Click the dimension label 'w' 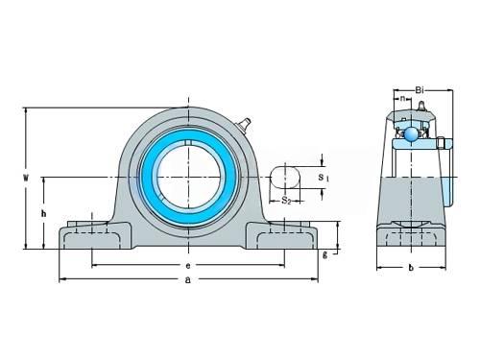[26, 177]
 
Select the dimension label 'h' [43, 213]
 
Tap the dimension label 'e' [188, 266]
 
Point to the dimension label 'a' [188, 280]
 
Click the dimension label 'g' [324, 254]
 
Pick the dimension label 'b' [411, 268]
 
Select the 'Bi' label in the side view [420, 90]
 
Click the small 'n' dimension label [403, 98]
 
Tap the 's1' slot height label [324, 178]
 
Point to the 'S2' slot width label [286, 201]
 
